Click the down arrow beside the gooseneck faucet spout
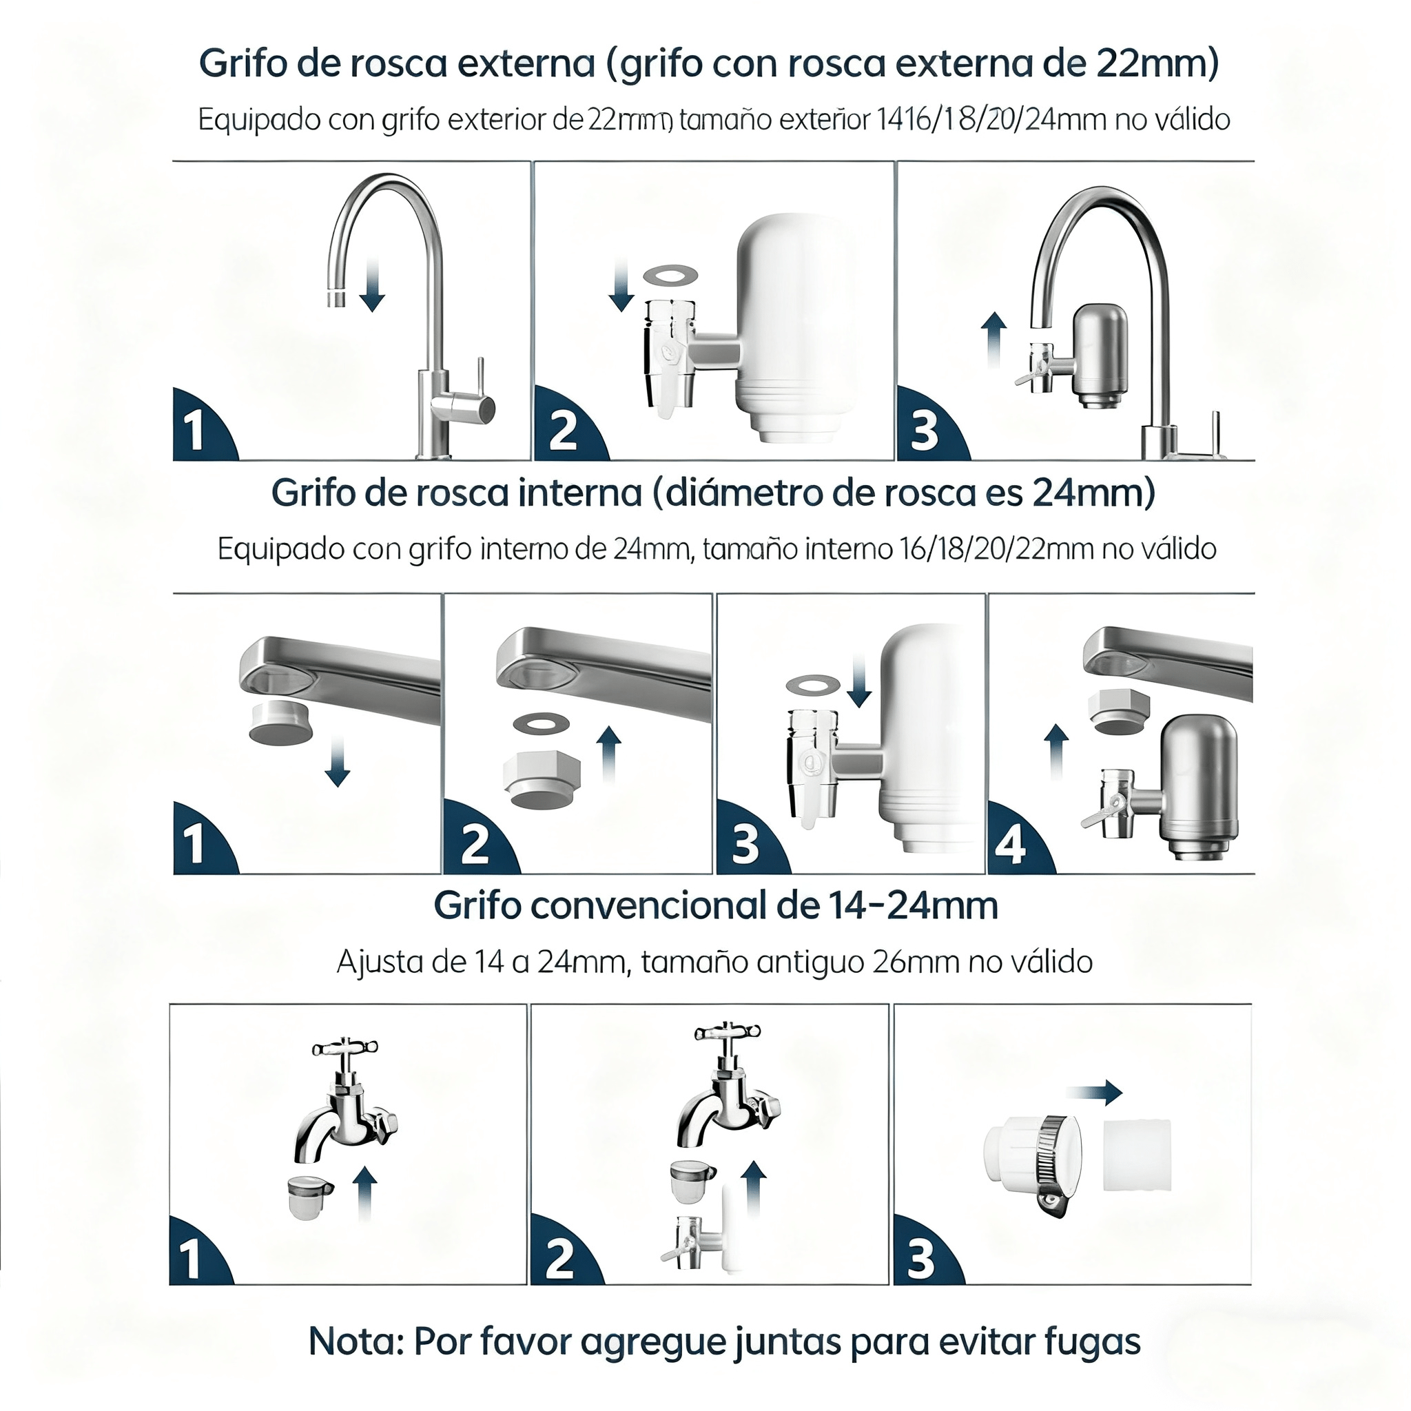pyautogui.click(x=373, y=289)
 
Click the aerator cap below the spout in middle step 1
pyautogui.click(x=282, y=722)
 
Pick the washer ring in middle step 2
pyautogui.click(x=541, y=724)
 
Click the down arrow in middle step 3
pyautogui.click(x=859, y=681)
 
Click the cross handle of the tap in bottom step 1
pyautogui.click(x=344, y=1050)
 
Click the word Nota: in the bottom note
pyautogui.click(x=355, y=1341)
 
